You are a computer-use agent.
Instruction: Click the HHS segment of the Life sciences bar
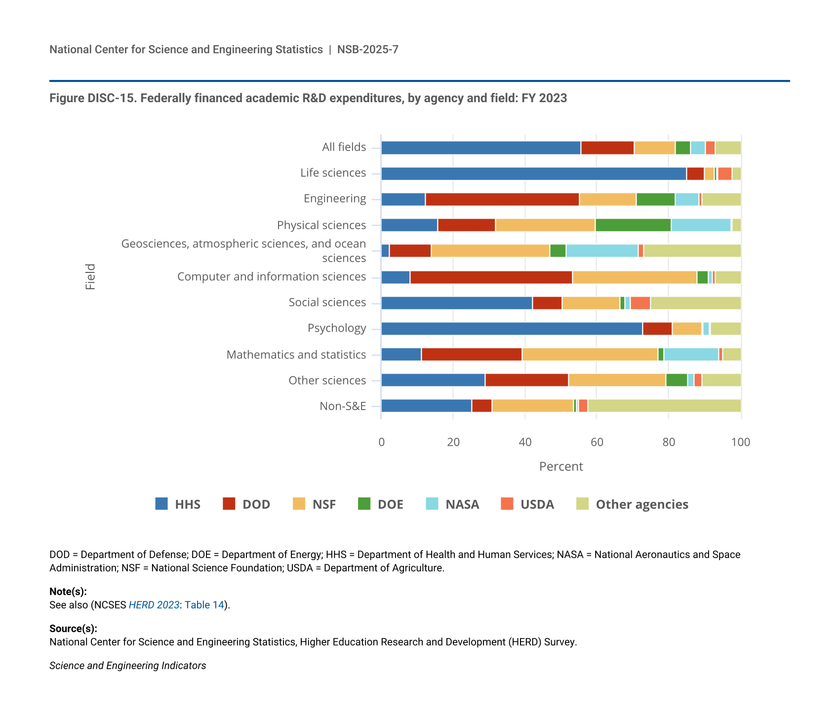(x=533, y=174)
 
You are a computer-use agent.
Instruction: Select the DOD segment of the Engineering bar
(x=502, y=199)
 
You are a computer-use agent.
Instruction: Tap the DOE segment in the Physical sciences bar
(x=633, y=225)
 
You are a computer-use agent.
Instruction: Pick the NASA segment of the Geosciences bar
(x=602, y=251)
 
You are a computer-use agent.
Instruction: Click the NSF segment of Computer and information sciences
(x=635, y=277)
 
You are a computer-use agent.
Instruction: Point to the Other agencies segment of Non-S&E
(x=664, y=406)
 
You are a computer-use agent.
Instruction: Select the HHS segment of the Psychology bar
(x=512, y=329)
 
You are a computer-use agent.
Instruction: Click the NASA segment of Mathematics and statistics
(x=691, y=354)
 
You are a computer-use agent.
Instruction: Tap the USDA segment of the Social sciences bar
(x=640, y=303)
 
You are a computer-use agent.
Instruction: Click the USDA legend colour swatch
(x=507, y=504)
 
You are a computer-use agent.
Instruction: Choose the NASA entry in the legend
(x=462, y=504)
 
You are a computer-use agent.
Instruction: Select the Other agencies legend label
(x=641, y=504)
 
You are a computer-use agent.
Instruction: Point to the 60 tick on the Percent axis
(x=597, y=442)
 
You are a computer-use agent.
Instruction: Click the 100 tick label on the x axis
(x=740, y=442)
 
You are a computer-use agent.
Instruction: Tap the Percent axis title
(x=561, y=466)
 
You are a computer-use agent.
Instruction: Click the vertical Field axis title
(x=90, y=277)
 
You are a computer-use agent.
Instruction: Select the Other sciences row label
(x=327, y=381)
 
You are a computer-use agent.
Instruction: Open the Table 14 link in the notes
(x=204, y=605)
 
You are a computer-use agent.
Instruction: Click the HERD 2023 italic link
(x=154, y=605)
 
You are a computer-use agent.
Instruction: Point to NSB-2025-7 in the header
(x=367, y=49)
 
